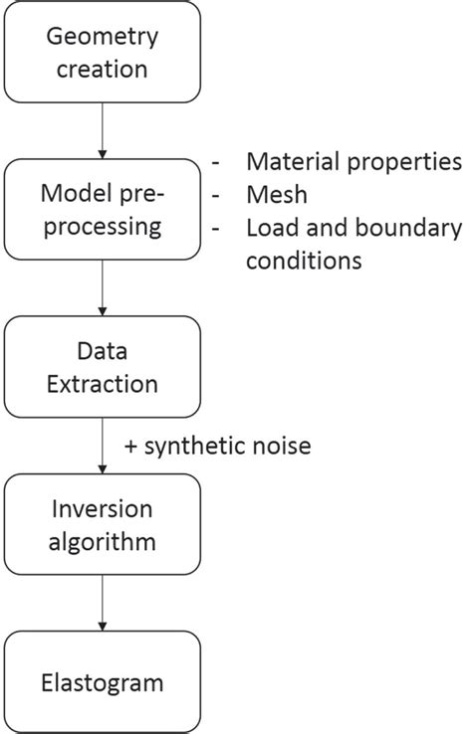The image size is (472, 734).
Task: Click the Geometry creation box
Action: pos(103,53)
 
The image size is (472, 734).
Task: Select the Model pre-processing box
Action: pos(103,209)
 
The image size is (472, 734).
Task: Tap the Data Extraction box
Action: pos(103,366)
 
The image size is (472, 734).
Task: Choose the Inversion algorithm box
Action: pos(103,524)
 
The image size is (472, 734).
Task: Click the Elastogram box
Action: pos(103,683)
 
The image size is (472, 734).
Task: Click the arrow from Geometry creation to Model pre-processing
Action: pos(103,129)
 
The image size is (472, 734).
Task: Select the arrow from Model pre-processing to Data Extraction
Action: pos(103,287)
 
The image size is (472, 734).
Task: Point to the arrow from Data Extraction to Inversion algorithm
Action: pos(103,445)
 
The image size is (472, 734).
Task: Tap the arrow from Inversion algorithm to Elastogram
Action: pos(103,604)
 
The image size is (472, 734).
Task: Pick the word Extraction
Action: pos(103,382)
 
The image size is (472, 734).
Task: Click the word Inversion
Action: pos(103,509)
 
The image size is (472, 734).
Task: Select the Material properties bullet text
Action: pos(354,161)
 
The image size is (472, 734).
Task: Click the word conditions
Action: pos(303,262)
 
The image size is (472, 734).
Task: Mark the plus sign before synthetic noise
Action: pos(130,447)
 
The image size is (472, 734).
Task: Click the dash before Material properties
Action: pos(218,162)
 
